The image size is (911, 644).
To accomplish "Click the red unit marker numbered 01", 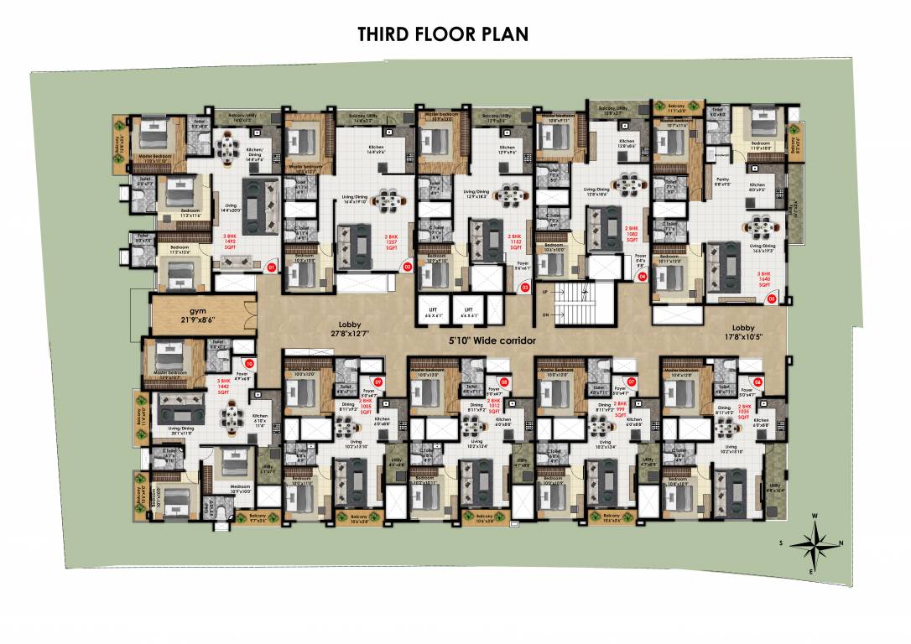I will (x=270, y=267).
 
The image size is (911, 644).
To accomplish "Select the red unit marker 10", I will (x=249, y=363).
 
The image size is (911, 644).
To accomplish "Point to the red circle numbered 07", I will (x=632, y=382).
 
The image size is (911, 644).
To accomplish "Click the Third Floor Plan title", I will (x=442, y=34).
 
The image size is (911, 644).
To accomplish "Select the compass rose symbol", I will (x=810, y=544).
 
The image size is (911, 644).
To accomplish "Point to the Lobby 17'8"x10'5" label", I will (x=743, y=333).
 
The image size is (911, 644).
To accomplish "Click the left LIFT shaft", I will (x=434, y=313).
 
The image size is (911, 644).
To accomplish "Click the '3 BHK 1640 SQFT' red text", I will (x=764, y=278).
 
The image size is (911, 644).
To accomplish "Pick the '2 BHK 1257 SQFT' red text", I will (x=392, y=242).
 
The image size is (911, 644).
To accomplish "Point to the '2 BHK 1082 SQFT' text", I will (x=632, y=233).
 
